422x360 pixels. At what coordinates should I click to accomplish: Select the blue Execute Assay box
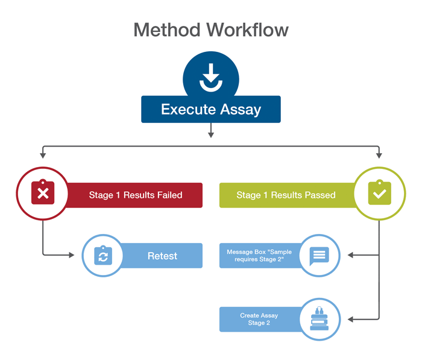coord(210,110)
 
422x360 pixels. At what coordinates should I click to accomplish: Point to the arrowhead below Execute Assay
coord(210,134)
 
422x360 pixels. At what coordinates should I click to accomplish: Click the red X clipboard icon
coord(43,194)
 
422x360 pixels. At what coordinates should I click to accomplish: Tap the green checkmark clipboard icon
coord(379,194)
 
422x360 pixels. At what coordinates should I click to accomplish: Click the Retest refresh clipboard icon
coord(103,256)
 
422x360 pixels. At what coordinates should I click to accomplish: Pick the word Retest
coord(162,256)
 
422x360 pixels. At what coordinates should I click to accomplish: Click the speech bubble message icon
coord(319,256)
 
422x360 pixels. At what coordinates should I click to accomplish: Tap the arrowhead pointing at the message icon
coord(351,256)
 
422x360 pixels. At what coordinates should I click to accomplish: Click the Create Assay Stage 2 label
coord(259,319)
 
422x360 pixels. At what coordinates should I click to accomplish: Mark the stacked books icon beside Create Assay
coord(319,318)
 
